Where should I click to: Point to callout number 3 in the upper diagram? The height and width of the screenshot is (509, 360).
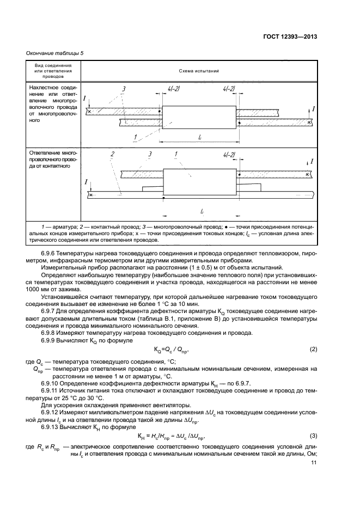(x=124, y=89)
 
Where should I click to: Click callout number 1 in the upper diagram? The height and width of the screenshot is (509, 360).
(x=135, y=137)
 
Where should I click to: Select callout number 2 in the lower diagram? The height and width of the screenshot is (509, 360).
(x=111, y=155)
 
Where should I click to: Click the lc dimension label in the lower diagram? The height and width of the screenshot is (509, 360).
(x=202, y=211)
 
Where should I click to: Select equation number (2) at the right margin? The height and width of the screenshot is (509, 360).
(x=313, y=348)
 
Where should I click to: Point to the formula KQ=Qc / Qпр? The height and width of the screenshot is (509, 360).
(x=179, y=349)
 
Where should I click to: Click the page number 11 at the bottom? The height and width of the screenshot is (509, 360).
(x=314, y=463)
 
